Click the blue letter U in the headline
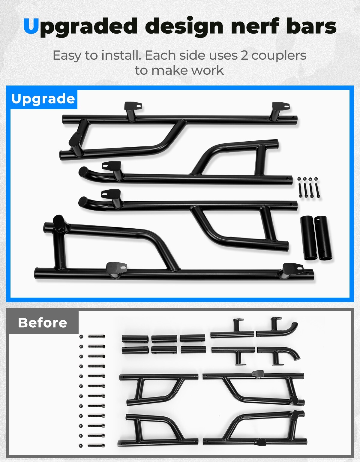(31, 26)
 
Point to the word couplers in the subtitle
(279, 55)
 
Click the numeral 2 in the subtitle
(244, 55)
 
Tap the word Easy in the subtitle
(67, 56)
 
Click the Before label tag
(43, 322)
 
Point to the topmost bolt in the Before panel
(97, 337)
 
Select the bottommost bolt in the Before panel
(97, 445)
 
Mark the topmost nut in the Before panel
(81, 337)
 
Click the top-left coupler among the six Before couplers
(135, 339)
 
